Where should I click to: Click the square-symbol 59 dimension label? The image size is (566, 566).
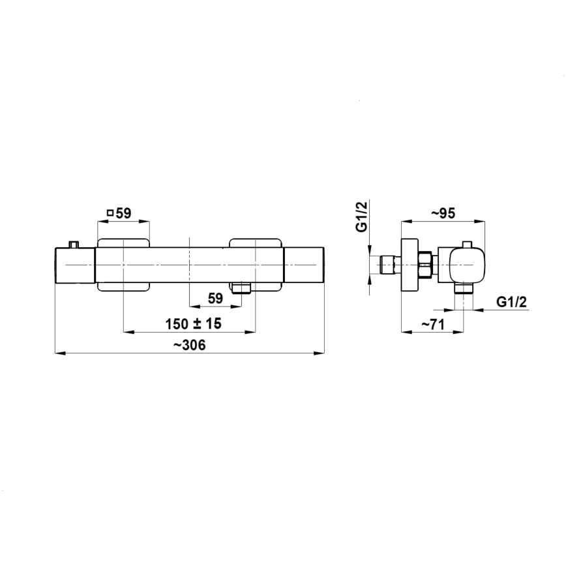click(x=119, y=213)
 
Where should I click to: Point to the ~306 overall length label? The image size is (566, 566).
click(x=190, y=346)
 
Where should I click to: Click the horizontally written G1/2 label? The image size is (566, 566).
click(x=511, y=301)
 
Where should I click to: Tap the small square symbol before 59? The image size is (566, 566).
click(x=109, y=213)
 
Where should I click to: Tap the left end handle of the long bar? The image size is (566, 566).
click(x=76, y=266)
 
